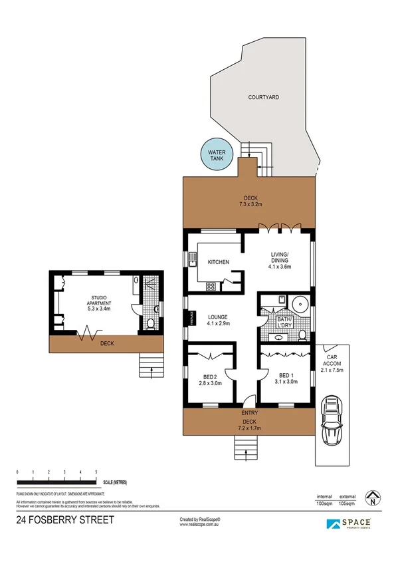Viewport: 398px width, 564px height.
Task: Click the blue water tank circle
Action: [216, 157]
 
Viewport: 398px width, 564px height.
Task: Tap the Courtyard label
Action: [264, 97]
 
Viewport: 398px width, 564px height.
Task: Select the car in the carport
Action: [330, 422]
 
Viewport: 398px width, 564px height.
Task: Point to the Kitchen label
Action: [218, 262]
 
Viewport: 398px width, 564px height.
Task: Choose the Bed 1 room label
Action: [284, 378]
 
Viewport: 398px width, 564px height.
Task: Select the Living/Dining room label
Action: [279, 259]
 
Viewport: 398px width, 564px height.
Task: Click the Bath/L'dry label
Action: [286, 323]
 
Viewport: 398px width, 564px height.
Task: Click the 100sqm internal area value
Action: [324, 503]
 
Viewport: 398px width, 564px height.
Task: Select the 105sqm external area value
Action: [348, 503]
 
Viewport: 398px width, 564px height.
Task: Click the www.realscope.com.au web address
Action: [200, 525]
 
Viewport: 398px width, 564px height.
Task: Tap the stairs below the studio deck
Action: [151, 364]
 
